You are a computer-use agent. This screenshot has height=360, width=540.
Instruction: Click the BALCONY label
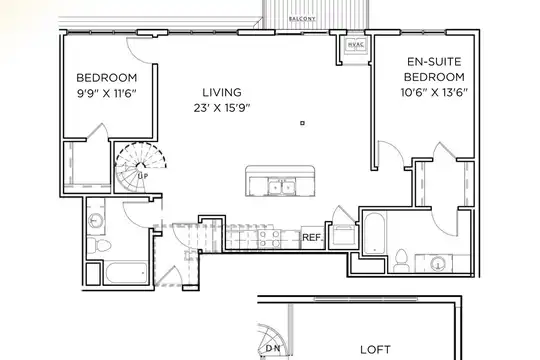(x=302, y=19)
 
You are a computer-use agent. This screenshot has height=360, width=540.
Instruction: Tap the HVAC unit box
(x=356, y=44)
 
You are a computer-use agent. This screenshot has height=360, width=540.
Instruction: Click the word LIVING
(x=222, y=92)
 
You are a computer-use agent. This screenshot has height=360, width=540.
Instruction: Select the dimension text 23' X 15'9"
(x=222, y=108)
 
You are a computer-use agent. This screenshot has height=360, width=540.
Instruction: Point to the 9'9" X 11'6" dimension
(x=107, y=93)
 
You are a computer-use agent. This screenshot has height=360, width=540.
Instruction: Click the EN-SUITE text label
(x=434, y=62)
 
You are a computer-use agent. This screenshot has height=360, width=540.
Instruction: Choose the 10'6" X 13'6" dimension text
(x=434, y=92)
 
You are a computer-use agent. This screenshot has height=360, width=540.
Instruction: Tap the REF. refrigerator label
(x=313, y=237)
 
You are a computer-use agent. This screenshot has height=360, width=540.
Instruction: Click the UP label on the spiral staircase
(x=143, y=176)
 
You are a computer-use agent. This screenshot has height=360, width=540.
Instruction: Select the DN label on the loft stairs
(x=273, y=349)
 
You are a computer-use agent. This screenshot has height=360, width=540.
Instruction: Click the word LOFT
(x=375, y=350)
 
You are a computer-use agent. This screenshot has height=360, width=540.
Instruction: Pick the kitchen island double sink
(x=282, y=187)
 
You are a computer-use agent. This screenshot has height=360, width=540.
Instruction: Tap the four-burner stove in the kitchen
(x=269, y=239)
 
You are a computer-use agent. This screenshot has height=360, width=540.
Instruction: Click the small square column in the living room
(x=302, y=123)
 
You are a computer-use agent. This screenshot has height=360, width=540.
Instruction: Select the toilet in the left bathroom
(x=99, y=245)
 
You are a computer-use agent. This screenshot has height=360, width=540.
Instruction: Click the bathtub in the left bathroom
(x=126, y=272)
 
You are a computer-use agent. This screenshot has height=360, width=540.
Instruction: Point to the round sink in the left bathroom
(x=95, y=220)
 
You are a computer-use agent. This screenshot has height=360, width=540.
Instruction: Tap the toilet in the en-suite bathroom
(x=401, y=260)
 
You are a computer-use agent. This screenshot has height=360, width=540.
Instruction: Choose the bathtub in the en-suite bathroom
(x=374, y=234)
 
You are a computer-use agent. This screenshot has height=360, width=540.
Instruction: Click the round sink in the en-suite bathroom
(x=438, y=264)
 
